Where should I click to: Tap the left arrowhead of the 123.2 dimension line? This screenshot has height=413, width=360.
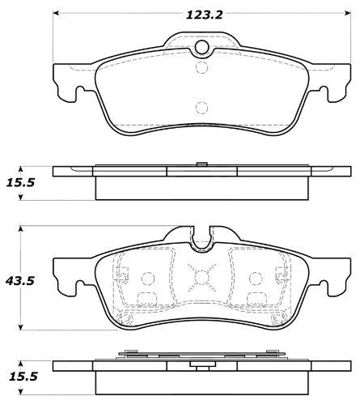(57, 14)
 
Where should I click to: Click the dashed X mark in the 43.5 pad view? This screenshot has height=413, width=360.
(200, 279)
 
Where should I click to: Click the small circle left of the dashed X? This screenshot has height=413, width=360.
(147, 279)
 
